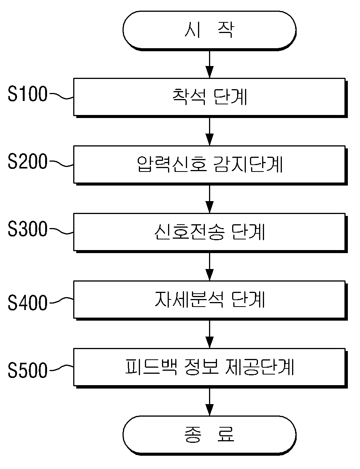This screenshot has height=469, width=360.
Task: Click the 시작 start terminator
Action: pyautogui.click(x=209, y=31)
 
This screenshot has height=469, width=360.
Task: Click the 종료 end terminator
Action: pyautogui.click(x=209, y=436)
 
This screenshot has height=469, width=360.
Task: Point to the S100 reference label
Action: pyautogui.click(x=28, y=94)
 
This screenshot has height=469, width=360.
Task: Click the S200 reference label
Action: pyautogui.click(x=28, y=161)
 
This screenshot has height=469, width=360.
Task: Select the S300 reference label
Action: pyautogui.click(x=28, y=229)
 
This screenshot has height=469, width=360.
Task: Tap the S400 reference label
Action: pyautogui.click(x=28, y=302)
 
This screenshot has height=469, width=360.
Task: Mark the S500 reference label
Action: pyautogui.click(x=28, y=370)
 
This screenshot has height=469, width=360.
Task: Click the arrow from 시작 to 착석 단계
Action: pyautogui.click(x=209, y=65)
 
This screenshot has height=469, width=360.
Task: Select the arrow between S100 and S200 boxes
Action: pyautogui.click(x=209, y=132)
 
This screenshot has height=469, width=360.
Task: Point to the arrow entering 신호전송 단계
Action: pyautogui.click(x=209, y=199)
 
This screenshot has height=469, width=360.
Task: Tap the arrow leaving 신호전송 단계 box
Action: pyautogui.click(x=209, y=267)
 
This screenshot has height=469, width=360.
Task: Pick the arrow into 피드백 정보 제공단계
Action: pyautogui.click(x=209, y=334)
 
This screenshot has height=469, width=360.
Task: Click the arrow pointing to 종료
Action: pyautogui.click(x=209, y=402)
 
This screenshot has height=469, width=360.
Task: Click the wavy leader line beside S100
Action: pyautogui.click(x=61, y=96)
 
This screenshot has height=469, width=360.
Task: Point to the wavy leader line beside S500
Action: pyautogui.click(x=61, y=368)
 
